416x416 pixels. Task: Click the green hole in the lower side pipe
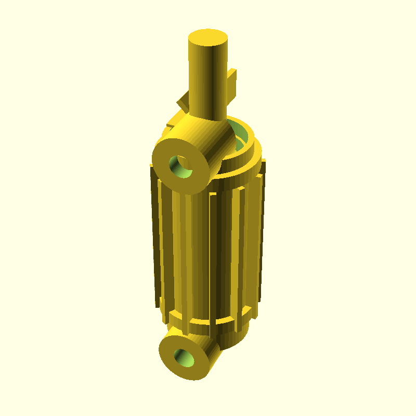[185, 357]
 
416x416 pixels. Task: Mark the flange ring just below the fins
[208, 325]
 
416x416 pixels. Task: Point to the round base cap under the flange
[234, 338]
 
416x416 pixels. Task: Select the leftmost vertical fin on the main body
[154, 234]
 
